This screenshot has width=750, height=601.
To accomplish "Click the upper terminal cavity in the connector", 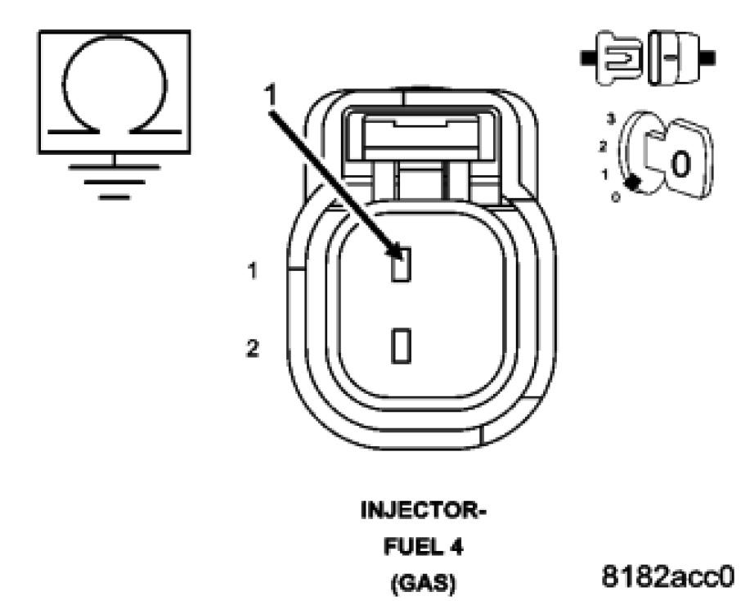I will (401, 266).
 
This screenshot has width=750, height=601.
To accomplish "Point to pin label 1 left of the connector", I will (255, 271).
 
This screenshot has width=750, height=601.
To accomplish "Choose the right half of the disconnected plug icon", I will (678, 57).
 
